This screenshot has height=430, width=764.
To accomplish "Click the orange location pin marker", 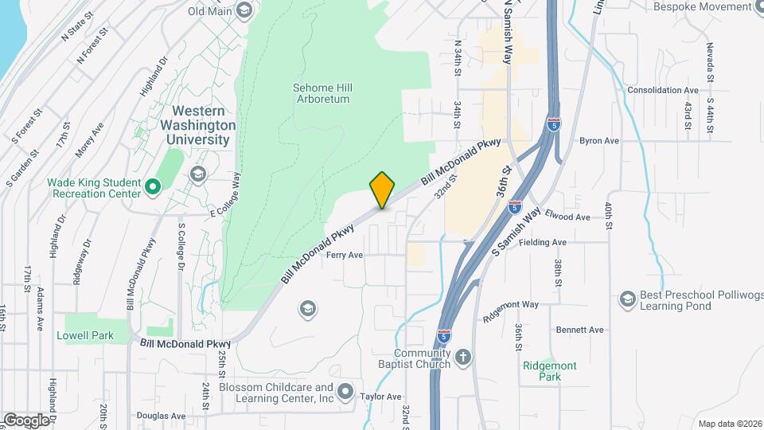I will (382, 190).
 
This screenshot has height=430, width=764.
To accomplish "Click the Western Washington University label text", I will (198, 125).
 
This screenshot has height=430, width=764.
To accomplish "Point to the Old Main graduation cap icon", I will (244, 10).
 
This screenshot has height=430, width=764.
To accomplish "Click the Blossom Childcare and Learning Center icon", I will (345, 391).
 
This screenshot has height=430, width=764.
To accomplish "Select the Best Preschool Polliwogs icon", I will (627, 299).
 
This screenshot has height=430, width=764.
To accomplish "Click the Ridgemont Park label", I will (550, 370).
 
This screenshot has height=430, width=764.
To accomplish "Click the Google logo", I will (26, 420).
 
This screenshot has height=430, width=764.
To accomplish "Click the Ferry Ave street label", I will (344, 256).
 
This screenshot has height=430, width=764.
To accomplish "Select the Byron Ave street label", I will (599, 141).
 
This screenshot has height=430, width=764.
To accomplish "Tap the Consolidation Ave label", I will (662, 91).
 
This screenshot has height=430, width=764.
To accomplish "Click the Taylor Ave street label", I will (380, 397).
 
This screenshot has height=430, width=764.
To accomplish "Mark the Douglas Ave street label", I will (161, 415).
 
